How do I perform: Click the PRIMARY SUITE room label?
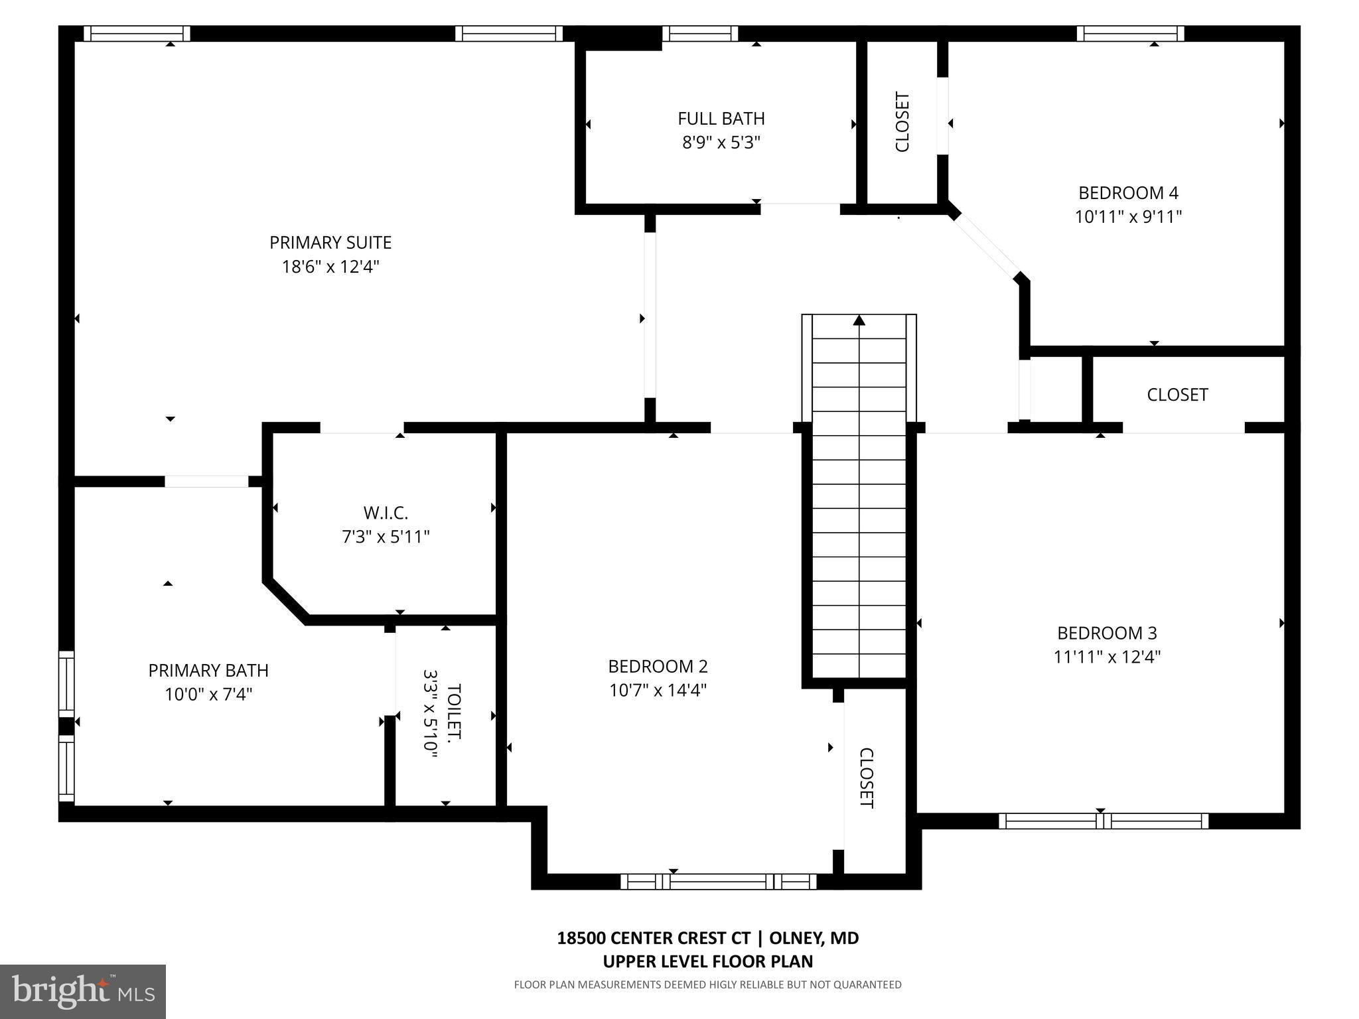(330, 243)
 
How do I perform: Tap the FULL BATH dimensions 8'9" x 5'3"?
(721, 143)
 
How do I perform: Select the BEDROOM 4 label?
(1128, 193)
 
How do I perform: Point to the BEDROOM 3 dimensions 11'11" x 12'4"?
(1107, 657)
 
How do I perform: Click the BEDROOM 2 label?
(658, 666)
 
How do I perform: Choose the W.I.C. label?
(386, 513)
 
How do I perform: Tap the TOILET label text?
(454, 713)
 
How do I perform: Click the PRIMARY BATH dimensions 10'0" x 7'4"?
(208, 695)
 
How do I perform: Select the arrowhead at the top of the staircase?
(859, 321)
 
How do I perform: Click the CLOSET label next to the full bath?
(902, 122)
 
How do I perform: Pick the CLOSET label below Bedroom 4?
(1177, 395)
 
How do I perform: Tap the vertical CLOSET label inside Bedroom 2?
(867, 778)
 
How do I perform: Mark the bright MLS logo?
(83, 991)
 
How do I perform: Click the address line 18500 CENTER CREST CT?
(654, 938)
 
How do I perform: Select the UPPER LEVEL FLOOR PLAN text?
(707, 961)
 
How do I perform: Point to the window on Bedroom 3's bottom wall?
(1103, 821)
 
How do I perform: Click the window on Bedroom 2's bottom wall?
(719, 882)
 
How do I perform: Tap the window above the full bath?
(700, 34)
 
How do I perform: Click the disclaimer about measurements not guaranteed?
(707, 985)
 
